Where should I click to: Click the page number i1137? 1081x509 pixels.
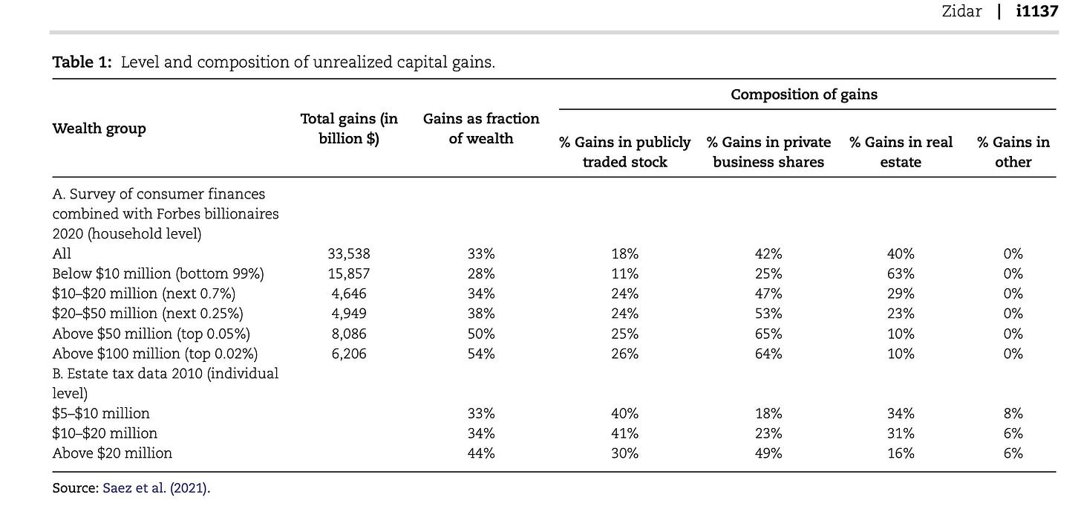1037,10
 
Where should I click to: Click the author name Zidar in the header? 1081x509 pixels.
961,10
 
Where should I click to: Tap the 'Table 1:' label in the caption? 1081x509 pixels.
82,62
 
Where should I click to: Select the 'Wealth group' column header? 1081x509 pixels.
99,129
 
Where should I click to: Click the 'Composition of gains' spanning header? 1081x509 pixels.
804,94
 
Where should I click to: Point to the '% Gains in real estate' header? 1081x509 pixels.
901,152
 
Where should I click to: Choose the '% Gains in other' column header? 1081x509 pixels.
1013,152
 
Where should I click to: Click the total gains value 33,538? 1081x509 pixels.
349,253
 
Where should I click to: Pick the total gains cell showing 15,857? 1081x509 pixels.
349,273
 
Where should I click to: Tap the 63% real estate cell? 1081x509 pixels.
901,273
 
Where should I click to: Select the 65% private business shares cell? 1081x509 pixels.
768,334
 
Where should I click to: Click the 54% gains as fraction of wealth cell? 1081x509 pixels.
480,354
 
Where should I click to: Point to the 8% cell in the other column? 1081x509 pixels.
1013,413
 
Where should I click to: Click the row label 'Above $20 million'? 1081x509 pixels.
112,453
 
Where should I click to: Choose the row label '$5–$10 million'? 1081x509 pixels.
101,413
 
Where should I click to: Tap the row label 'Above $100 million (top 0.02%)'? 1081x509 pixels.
155,354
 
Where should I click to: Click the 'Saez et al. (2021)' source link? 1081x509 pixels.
157,487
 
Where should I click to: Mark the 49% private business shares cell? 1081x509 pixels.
768,453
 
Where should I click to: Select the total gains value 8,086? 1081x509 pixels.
349,334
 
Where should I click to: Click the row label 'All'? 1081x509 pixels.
62,253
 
